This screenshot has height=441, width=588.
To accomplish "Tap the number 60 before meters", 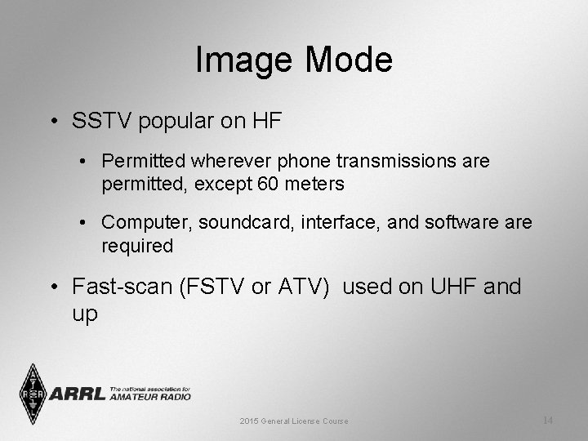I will coord(267,185).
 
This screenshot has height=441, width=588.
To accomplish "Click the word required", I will coord(137,246).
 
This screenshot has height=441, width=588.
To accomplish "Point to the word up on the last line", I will coord(85,313).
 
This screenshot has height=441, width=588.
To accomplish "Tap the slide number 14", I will coord(547,420).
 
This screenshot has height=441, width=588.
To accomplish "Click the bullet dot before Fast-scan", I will coord(54,287).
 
